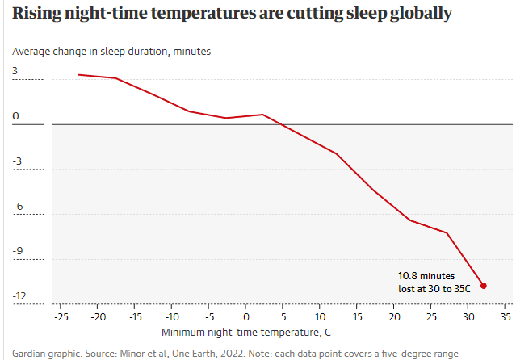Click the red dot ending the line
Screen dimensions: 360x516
484,285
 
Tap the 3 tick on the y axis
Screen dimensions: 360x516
15,71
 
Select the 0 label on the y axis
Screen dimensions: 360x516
15,116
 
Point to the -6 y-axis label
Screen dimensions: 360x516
18,206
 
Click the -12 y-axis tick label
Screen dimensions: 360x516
20,296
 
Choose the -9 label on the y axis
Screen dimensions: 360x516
18,251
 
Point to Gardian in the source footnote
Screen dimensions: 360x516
29,354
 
